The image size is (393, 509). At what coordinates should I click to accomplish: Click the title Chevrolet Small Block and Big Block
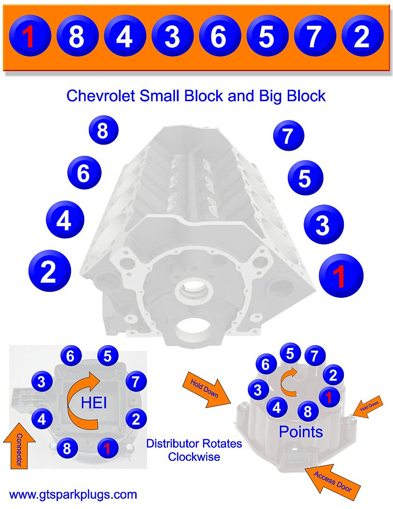tap(196, 96)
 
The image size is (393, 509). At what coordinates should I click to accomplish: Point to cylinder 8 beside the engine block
tap(103, 131)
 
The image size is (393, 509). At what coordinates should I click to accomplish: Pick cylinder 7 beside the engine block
tap(289, 135)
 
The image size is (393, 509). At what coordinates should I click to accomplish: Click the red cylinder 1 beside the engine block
tap(341, 276)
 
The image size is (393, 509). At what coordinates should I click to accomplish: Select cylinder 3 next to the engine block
tap(323, 224)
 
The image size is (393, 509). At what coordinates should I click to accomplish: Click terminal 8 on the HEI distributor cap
tap(67, 449)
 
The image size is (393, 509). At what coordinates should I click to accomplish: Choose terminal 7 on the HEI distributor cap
tap(135, 382)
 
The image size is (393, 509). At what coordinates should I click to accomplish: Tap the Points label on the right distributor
tap(301, 432)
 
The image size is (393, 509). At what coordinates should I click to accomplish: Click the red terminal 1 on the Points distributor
tap(329, 397)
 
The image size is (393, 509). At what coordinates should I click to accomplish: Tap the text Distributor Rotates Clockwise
tap(194, 450)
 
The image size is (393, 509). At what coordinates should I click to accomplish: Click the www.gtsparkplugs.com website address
tap(73, 494)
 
